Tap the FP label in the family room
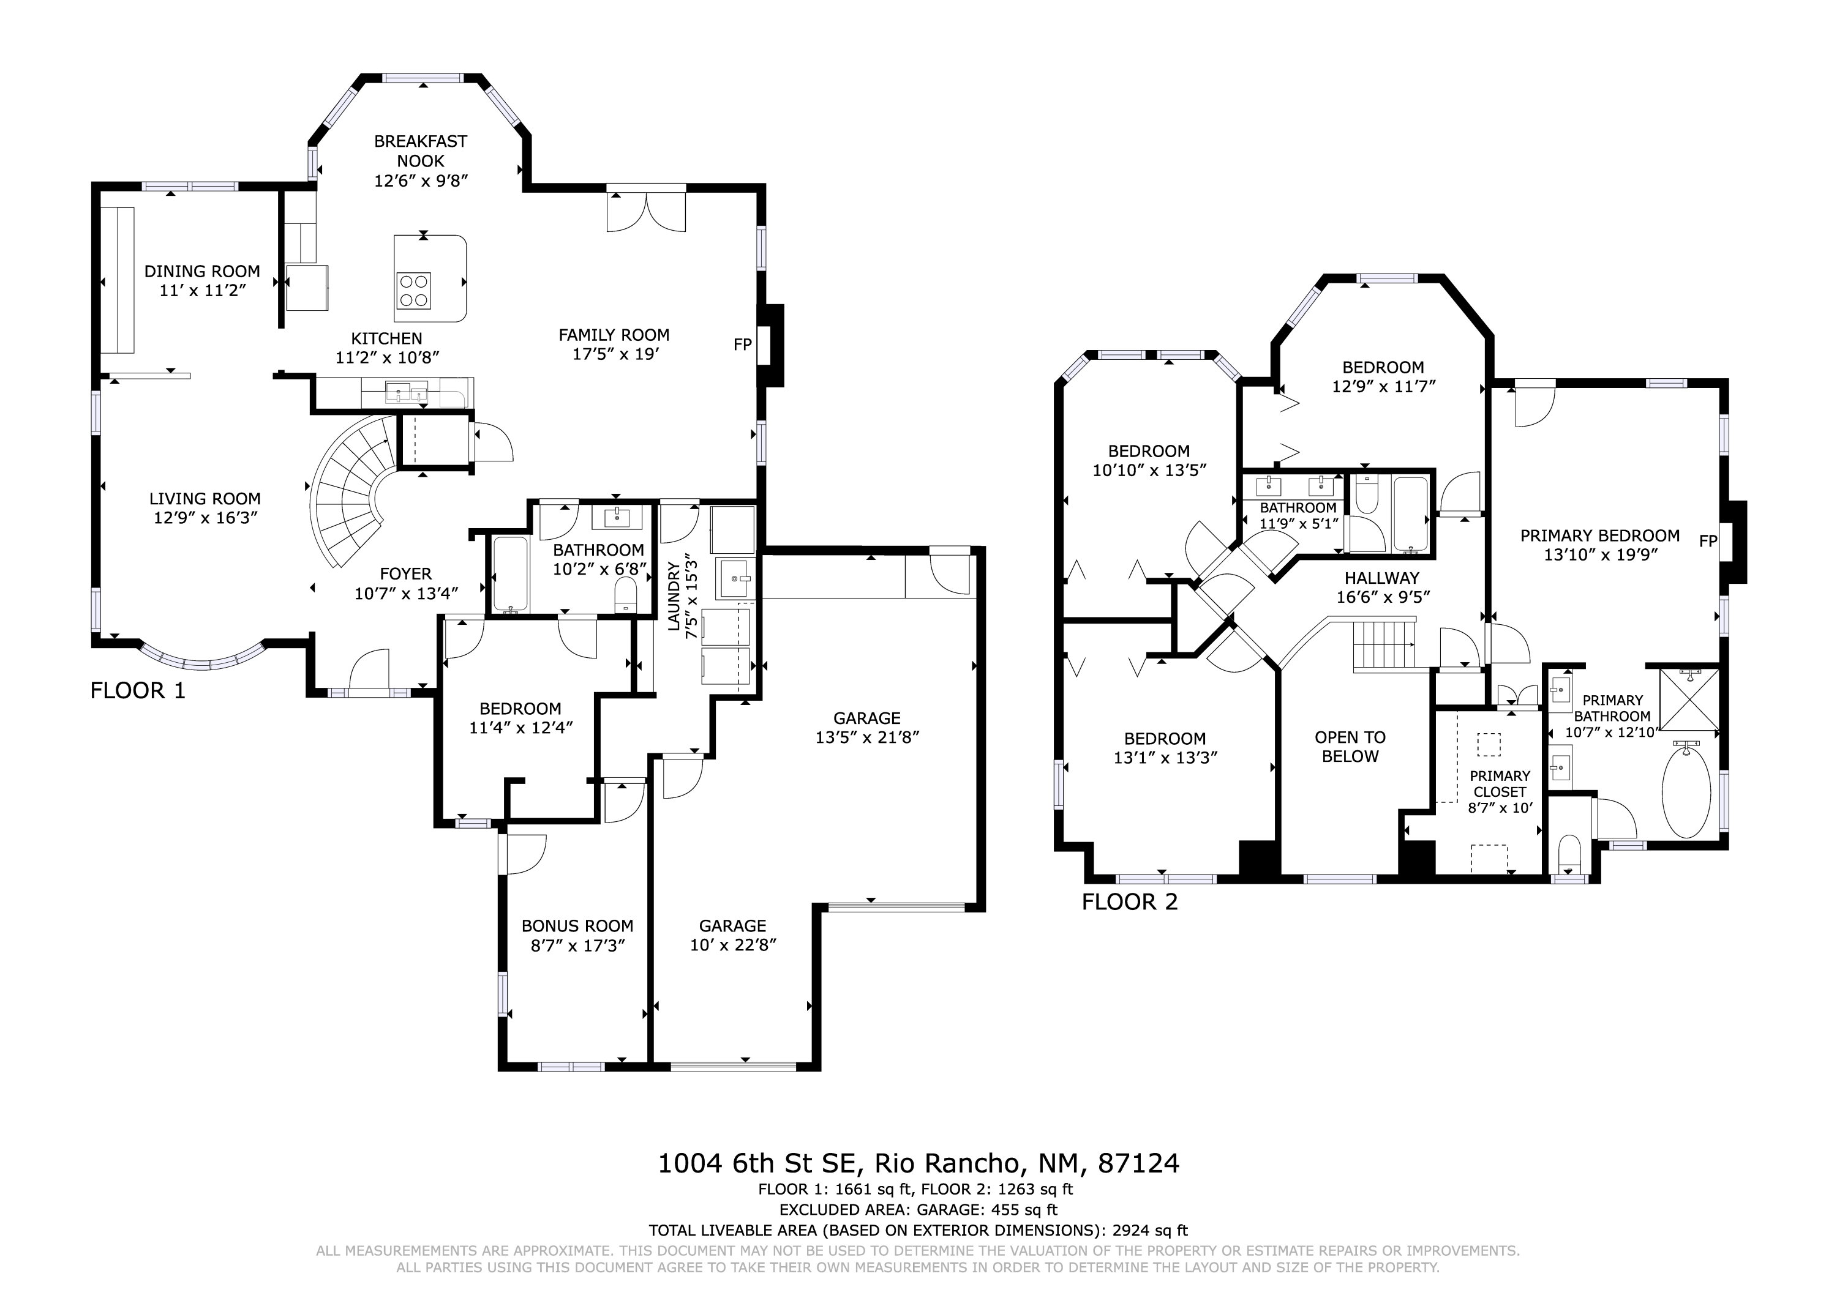[743, 345]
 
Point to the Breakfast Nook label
[421, 151]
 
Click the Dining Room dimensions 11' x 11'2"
[203, 290]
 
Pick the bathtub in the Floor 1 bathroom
[509, 574]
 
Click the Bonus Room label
[577, 926]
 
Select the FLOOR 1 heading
[138, 690]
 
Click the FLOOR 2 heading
[1130, 902]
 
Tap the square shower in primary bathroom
[1689, 699]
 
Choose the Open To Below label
[1351, 747]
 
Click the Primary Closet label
[1500, 784]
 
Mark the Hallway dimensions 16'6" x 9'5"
[1383, 597]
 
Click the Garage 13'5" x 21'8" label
[867, 728]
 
